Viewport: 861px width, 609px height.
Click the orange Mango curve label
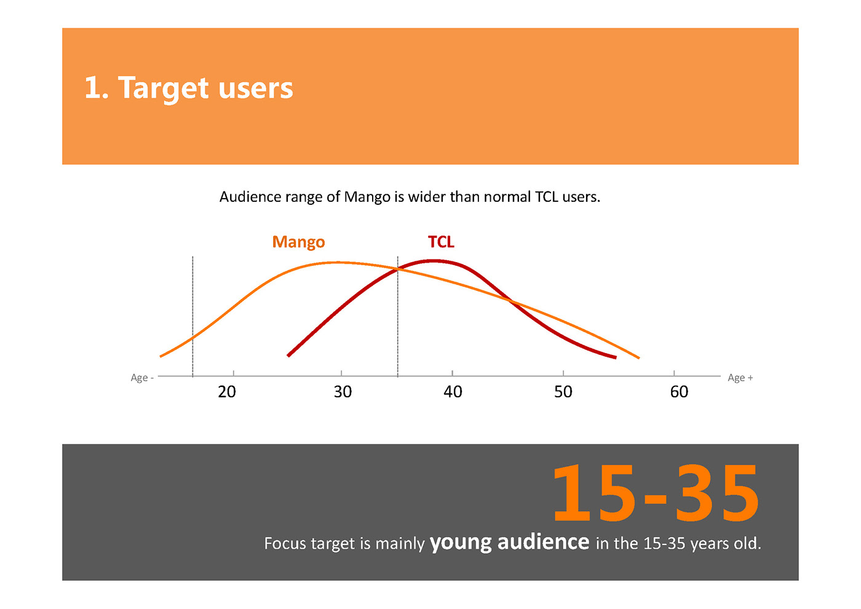point(298,242)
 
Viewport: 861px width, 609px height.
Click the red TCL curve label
point(441,242)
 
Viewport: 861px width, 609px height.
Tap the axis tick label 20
point(227,392)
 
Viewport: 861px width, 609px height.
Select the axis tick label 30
point(343,392)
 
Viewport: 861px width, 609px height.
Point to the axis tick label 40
point(453,392)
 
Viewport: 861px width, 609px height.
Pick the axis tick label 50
point(563,392)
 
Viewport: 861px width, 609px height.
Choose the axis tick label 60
point(679,392)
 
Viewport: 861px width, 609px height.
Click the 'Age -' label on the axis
point(142,378)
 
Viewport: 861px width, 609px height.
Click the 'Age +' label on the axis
point(740,378)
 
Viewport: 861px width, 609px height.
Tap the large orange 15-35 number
point(656,493)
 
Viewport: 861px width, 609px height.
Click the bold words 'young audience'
point(509,543)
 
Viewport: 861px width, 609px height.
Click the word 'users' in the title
point(256,89)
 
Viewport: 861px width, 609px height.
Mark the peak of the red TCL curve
point(434,261)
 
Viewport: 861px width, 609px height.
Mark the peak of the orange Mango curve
point(338,263)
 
